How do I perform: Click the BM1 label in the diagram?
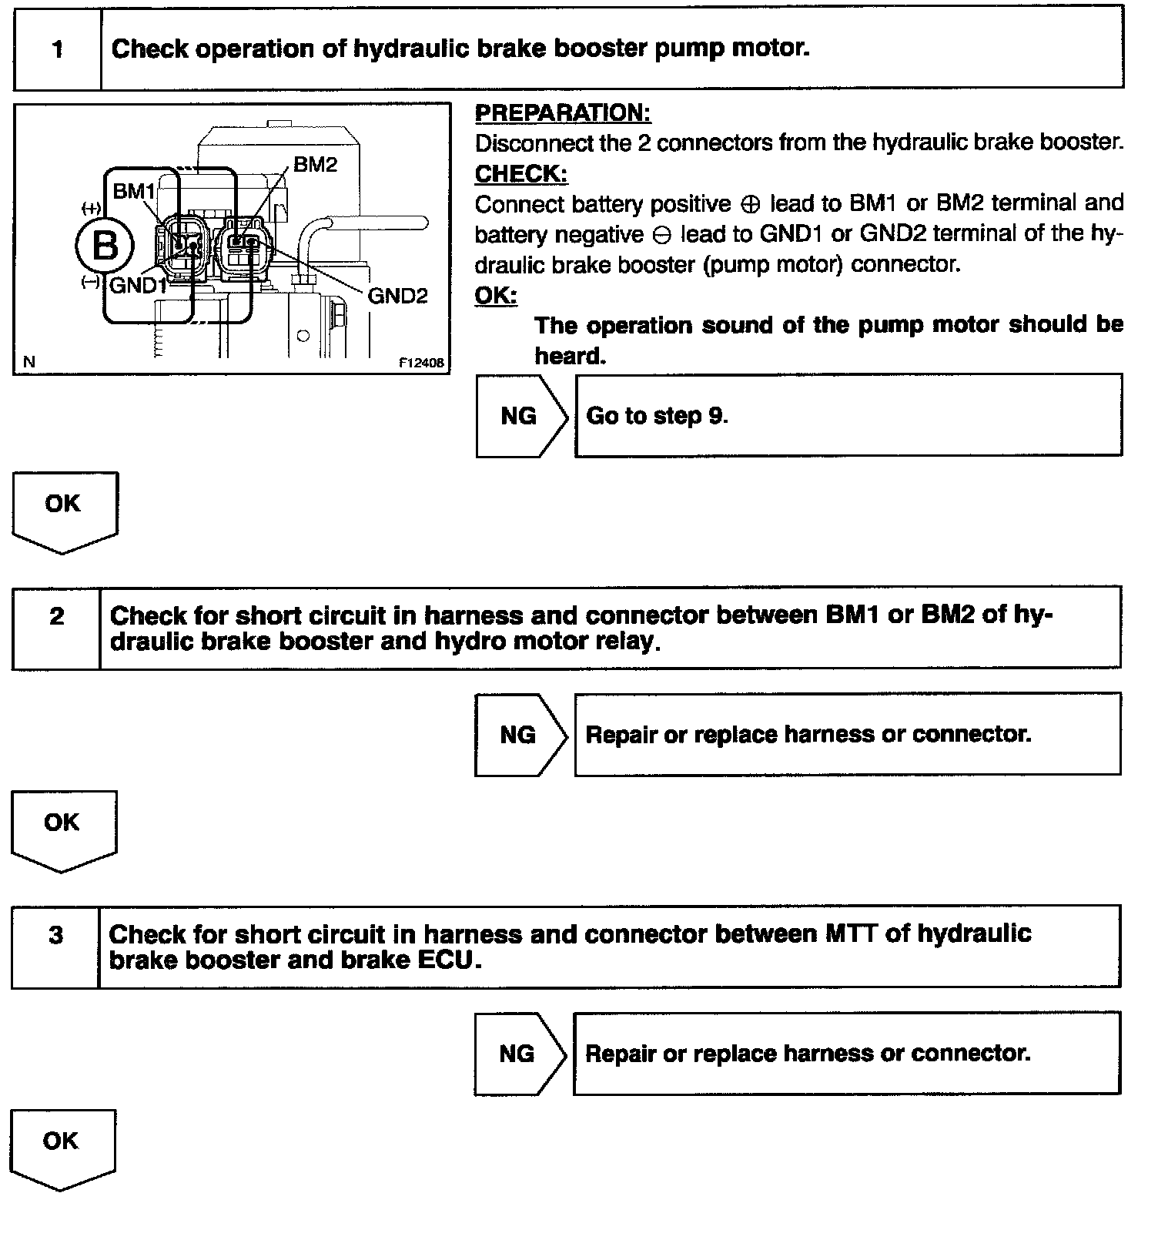tap(134, 191)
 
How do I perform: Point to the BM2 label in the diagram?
tap(315, 165)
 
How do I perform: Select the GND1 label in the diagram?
tap(139, 286)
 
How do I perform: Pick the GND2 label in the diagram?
tap(397, 296)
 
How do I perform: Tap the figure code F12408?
tap(421, 364)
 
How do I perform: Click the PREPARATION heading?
tap(563, 113)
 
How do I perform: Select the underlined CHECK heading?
tap(520, 175)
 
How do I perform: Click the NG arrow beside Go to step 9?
tap(521, 417)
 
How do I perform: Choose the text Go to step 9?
tap(657, 417)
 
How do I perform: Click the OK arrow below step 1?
tap(64, 509)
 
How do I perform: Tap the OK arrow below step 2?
tap(62, 828)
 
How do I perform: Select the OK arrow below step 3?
tap(62, 1147)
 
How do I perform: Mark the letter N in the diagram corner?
tap(29, 362)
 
